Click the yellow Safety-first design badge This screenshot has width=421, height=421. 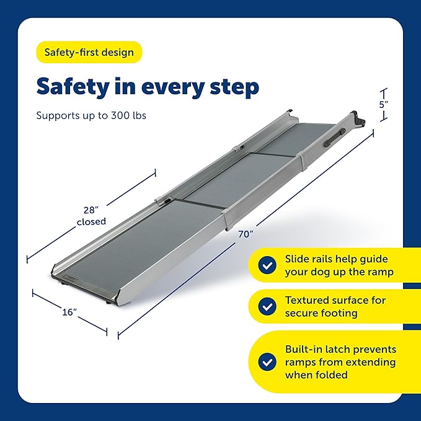pos(89,52)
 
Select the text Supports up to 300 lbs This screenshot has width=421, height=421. pos(91,115)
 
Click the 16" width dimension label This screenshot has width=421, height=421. pos(69,312)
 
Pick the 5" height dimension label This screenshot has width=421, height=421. pos(384,105)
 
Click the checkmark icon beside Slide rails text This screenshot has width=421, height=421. pos(267,265)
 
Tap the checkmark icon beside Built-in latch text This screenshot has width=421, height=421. pos(267,361)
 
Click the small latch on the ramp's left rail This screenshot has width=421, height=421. pos(167,200)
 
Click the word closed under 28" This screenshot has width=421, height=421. pos(91,221)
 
